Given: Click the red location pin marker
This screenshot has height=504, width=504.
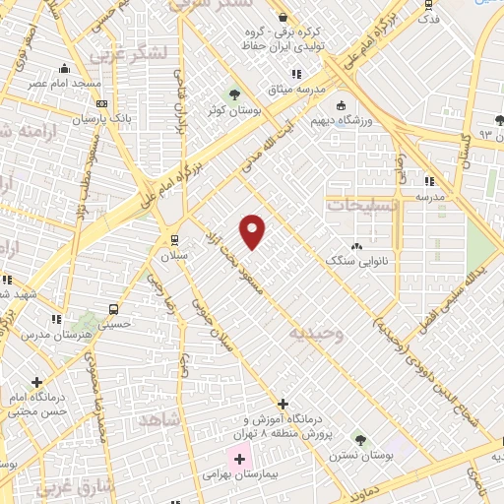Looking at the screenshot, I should point(253,230).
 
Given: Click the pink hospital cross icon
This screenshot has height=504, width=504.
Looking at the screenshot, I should point(239,459).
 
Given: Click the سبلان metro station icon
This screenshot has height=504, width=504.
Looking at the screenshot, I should point(174,238).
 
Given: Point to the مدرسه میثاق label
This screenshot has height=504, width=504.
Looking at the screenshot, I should point(296,89).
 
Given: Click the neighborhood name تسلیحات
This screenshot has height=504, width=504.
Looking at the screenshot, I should point(359,205).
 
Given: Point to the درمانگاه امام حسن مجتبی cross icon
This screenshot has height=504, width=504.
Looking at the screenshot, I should point(37,382).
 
